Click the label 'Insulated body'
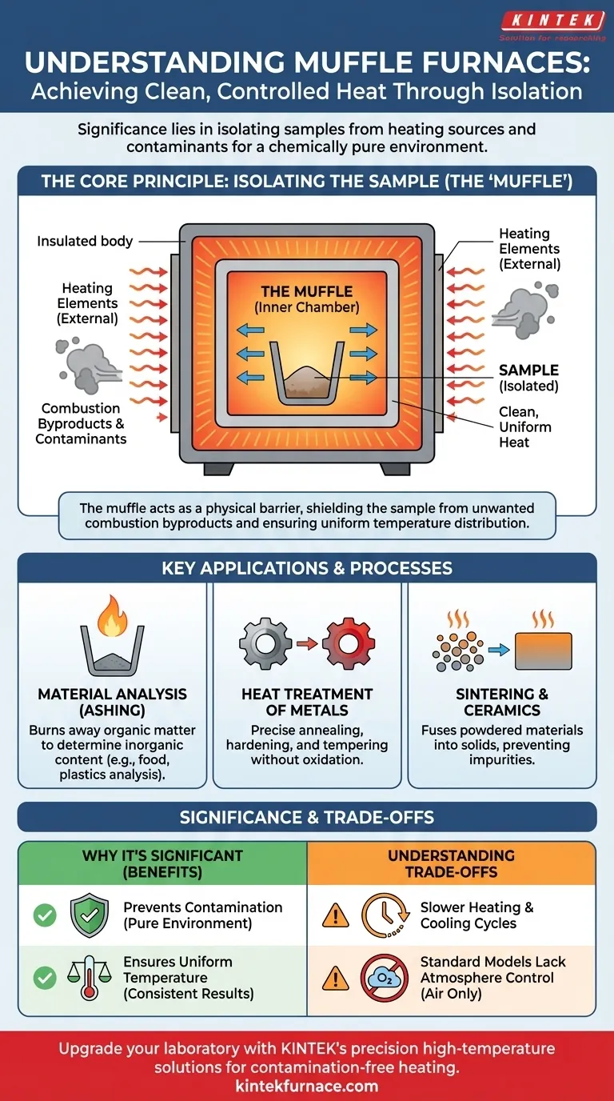85,241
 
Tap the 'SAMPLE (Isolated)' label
528,378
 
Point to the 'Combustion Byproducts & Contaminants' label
81,423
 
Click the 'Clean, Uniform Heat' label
525,427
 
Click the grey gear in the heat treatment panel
265,643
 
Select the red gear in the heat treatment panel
349,643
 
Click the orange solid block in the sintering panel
544,651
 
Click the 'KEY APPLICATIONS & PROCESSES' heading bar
307,568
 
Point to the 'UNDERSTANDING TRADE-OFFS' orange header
451,863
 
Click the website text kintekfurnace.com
307,1087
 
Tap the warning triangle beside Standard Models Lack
336,978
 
